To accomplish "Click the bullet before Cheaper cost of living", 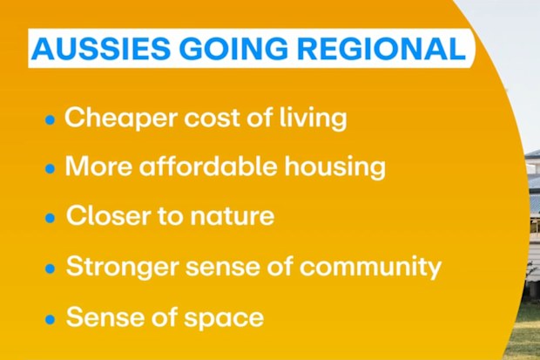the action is pyautogui.click(x=50, y=119).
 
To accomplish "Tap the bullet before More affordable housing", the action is pyautogui.click(x=50, y=168).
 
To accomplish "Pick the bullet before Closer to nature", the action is pyautogui.click(x=50, y=218).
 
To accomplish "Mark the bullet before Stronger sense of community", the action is pyautogui.click(x=50, y=268).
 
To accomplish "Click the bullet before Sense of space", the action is pyautogui.click(x=50, y=319).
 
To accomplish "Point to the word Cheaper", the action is pyautogui.click(x=122, y=119).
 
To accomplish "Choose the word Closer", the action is pyautogui.click(x=109, y=215).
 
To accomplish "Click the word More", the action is pyautogui.click(x=98, y=166).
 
